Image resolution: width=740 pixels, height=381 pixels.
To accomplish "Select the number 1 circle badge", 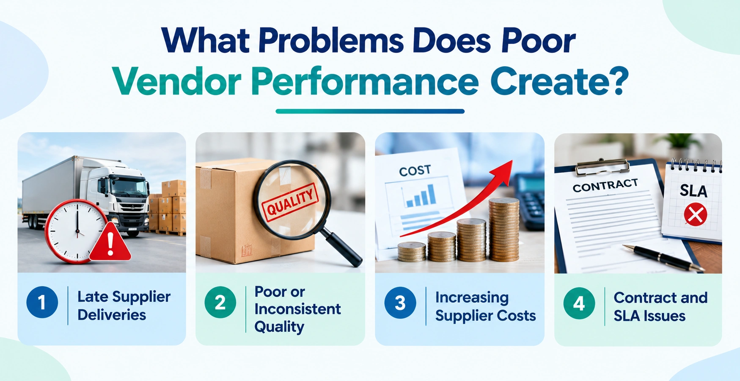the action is pyautogui.click(x=42, y=302).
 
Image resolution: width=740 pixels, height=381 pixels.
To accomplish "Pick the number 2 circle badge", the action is pyautogui.click(x=220, y=302).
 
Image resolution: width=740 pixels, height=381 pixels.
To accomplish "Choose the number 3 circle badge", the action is pyautogui.click(x=400, y=303).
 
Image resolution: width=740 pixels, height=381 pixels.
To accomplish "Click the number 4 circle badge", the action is pyautogui.click(x=579, y=303).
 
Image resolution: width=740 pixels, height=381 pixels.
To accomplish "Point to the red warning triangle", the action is pyautogui.click(x=110, y=242).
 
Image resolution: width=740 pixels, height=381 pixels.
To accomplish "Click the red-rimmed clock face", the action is pyautogui.click(x=76, y=231).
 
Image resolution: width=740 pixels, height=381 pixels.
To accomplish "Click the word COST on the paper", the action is pyautogui.click(x=415, y=171).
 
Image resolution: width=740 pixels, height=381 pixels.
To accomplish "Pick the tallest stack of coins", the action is pyautogui.click(x=504, y=229).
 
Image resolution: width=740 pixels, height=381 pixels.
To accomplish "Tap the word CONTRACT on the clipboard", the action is pyautogui.click(x=605, y=185).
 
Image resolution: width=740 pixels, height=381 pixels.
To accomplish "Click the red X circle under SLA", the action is pyautogui.click(x=695, y=214).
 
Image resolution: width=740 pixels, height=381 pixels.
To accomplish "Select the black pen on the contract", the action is pyautogui.click(x=663, y=257).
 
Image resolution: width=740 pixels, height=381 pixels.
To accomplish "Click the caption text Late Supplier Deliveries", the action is pyautogui.click(x=124, y=306).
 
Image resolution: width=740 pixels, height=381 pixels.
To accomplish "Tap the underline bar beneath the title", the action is pyautogui.click(x=370, y=111).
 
